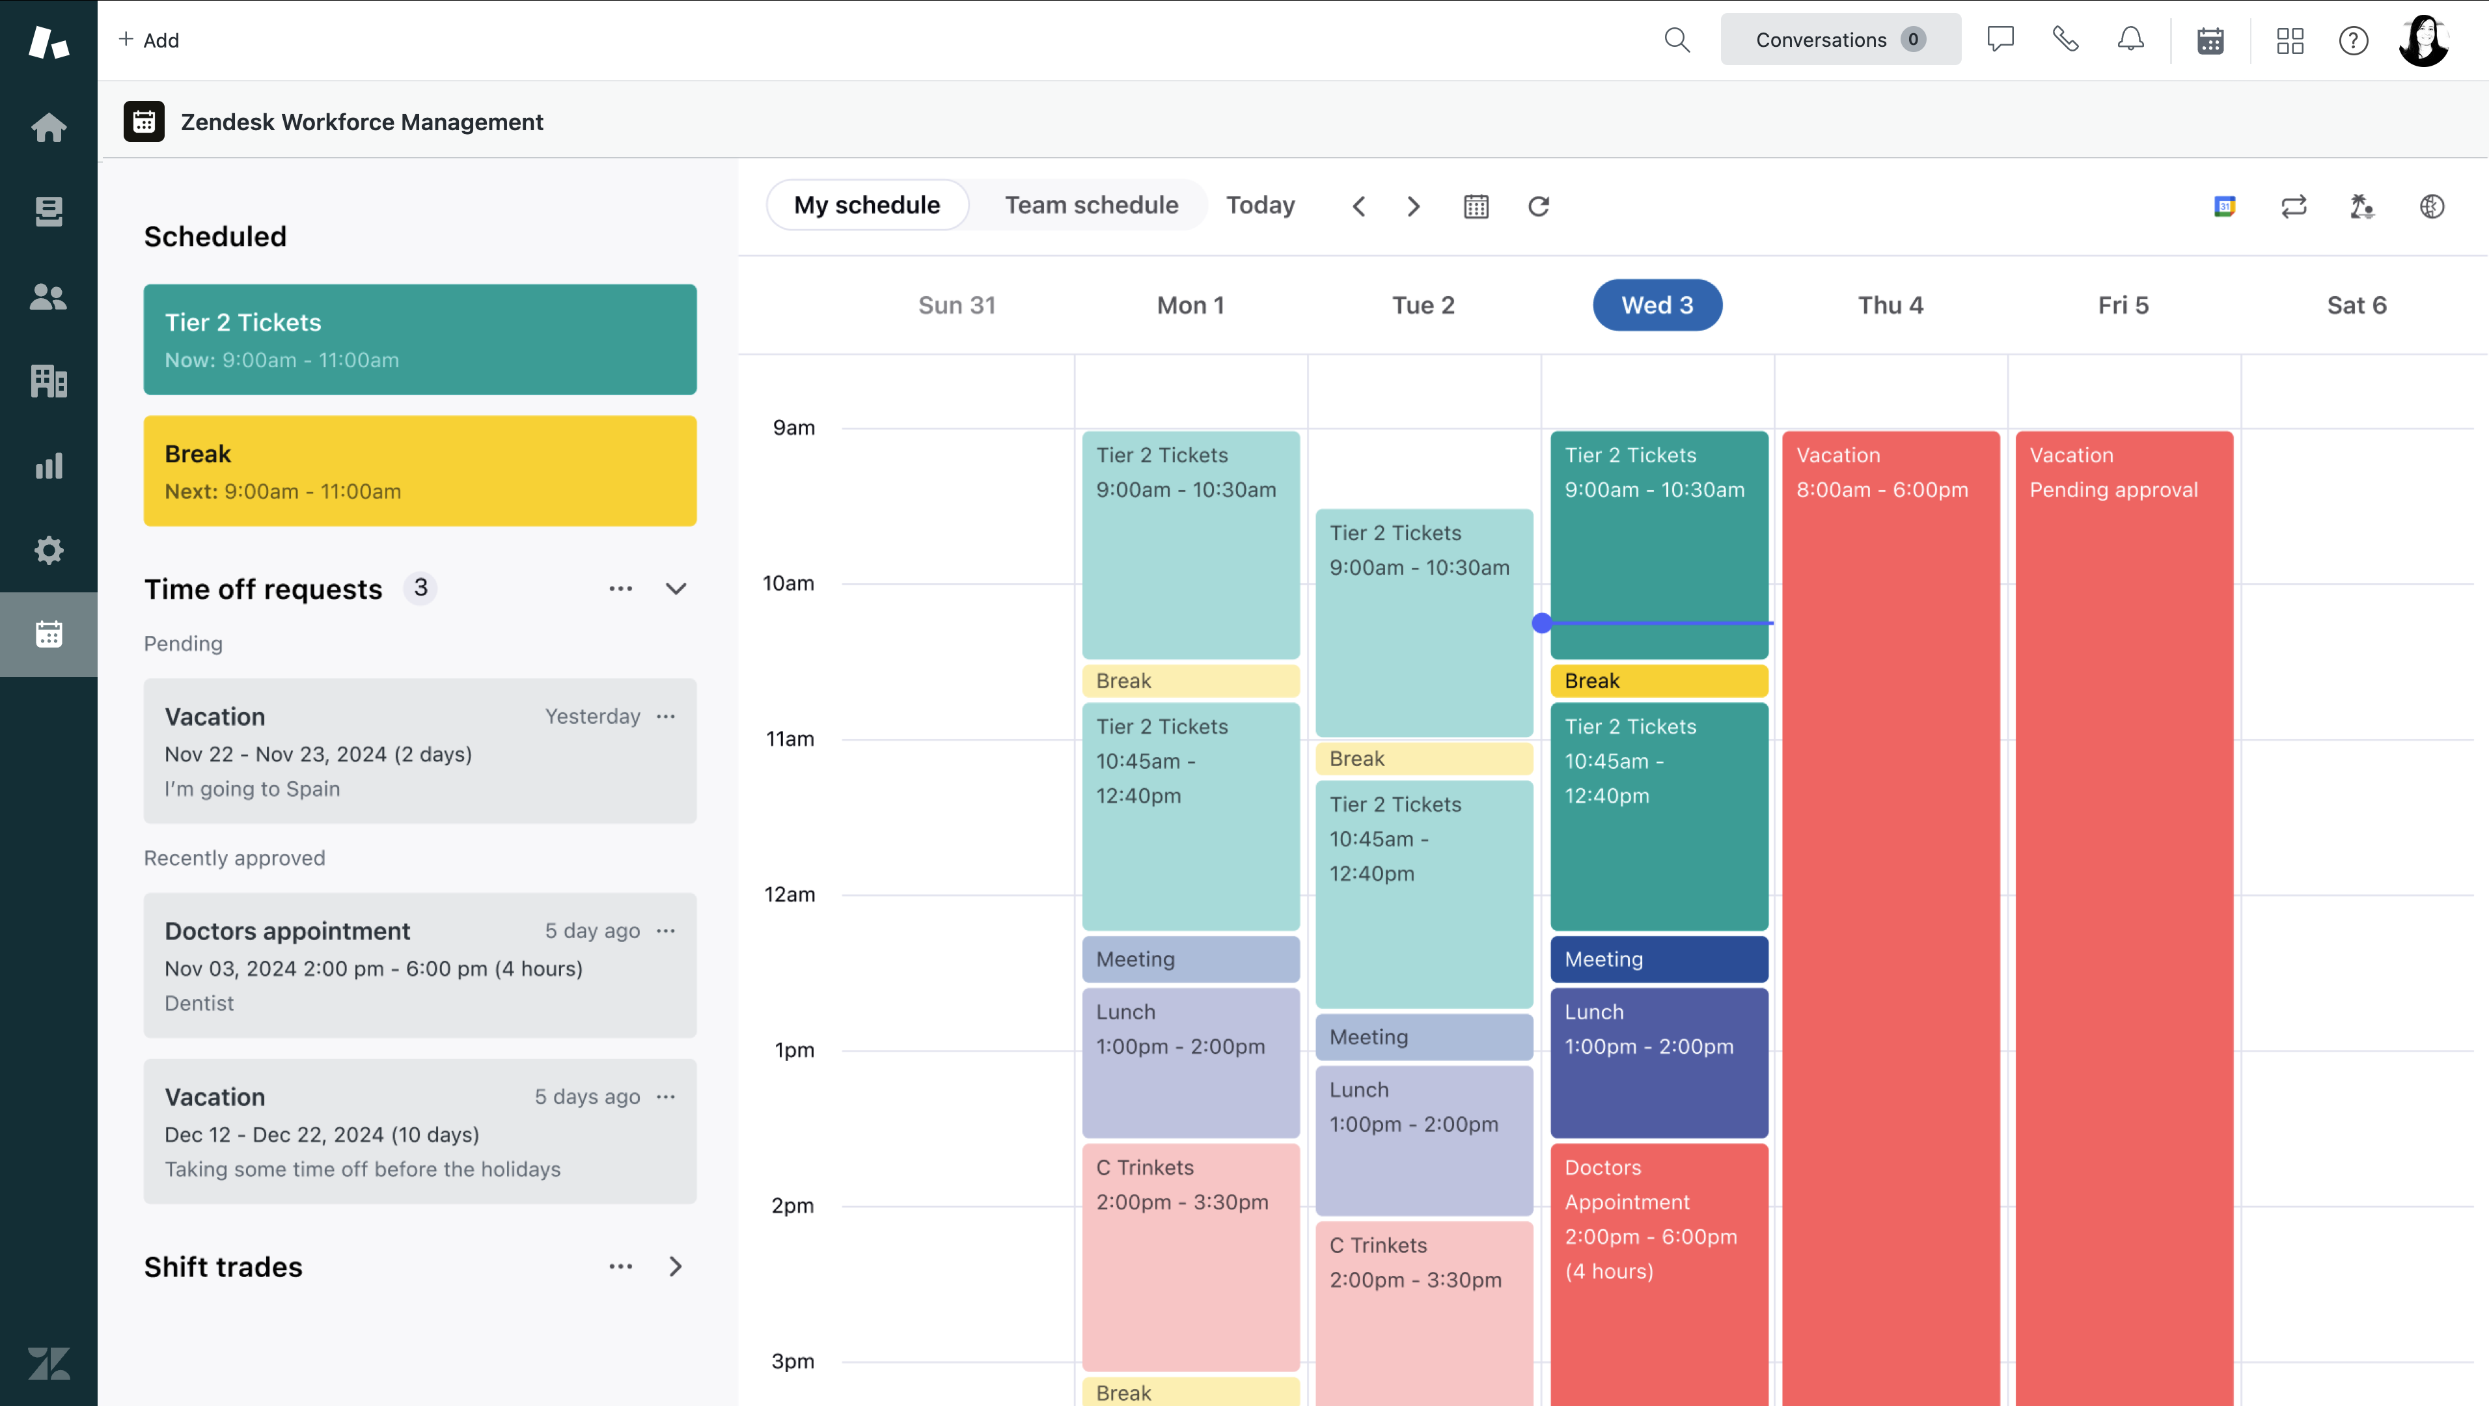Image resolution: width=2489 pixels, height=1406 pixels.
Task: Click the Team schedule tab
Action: tap(1091, 205)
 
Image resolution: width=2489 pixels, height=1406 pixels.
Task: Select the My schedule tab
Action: tap(867, 205)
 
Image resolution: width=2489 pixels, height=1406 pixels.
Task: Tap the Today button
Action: tap(1260, 205)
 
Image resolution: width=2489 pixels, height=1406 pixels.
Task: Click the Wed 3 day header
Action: tap(1657, 305)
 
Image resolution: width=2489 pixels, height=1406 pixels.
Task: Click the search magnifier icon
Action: tap(1677, 40)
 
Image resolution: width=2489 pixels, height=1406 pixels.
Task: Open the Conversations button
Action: tap(1839, 40)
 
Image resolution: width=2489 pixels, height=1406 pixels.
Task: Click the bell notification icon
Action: tap(2130, 40)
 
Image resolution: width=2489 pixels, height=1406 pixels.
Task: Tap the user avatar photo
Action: tap(2423, 40)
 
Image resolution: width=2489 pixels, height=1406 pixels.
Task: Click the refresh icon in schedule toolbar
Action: tap(1538, 206)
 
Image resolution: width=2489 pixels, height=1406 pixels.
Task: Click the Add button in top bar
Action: tap(149, 40)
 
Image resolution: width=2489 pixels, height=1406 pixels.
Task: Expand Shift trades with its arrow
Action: tap(676, 1266)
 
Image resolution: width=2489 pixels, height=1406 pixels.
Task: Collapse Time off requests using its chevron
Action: tap(676, 588)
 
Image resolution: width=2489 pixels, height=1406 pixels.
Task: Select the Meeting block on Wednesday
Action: tap(1659, 959)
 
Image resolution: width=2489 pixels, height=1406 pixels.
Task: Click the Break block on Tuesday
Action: tap(1424, 758)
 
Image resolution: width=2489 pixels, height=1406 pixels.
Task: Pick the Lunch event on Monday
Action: tap(1190, 1062)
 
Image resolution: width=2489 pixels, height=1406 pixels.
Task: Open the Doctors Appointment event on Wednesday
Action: tap(1659, 1274)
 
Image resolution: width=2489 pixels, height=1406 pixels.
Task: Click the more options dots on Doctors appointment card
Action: tap(666, 931)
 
